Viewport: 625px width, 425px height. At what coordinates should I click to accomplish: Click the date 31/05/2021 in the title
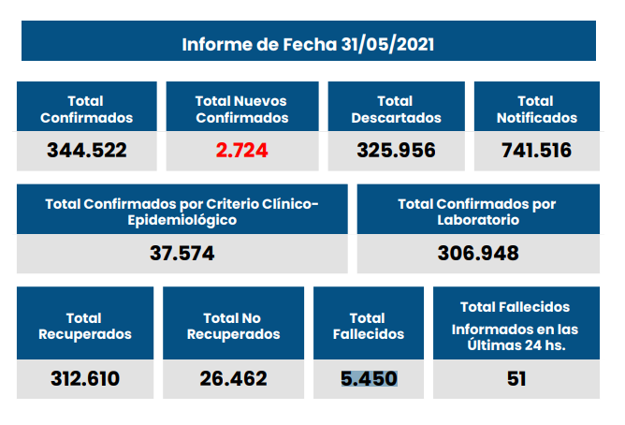tap(386, 44)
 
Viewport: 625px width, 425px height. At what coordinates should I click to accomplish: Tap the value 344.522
tap(86, 150)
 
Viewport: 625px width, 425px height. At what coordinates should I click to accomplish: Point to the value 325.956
tap(396, 150)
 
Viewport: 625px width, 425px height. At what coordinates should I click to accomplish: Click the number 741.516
tap(536, 150)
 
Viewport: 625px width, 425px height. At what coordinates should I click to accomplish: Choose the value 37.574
tap(182, 253)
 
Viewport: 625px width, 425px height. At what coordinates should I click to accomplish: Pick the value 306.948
tap(477, 253)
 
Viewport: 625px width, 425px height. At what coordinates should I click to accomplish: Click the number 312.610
tap(85, 378)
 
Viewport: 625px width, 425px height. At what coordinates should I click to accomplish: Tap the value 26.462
tap(233, 378)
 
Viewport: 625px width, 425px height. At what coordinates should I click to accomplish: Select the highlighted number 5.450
tap(369, 378)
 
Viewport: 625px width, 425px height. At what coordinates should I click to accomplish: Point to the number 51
tap(516, 378)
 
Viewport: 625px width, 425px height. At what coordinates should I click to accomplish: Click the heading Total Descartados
tap(395, 110)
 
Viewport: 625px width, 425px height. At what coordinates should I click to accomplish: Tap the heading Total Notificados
tap(536, 110)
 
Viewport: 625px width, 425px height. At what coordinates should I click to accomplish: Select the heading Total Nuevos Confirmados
tap(241, 110)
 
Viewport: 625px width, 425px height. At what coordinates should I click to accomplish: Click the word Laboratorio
tap(477, 221)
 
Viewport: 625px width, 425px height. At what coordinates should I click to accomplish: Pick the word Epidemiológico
tap(182, 221)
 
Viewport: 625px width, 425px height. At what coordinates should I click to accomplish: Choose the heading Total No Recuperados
tap(233, 326)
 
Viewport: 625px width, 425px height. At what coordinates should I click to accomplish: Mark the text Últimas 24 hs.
tap(516, 345)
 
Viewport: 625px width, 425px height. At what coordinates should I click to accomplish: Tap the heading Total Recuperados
tap(85, 326)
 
